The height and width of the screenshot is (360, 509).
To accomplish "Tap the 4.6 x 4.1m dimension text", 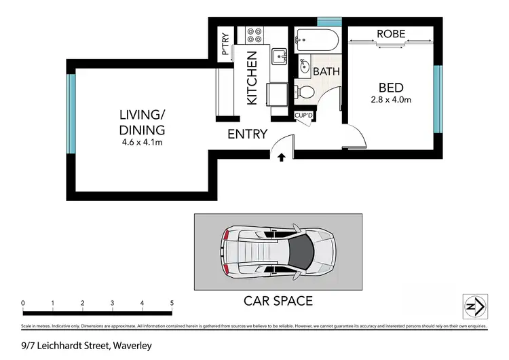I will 141,143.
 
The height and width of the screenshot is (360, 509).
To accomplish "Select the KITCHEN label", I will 251,78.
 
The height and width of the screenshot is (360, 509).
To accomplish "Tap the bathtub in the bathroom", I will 316,41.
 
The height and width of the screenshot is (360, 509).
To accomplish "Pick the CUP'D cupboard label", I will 303,115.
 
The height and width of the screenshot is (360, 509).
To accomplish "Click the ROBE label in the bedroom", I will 392,33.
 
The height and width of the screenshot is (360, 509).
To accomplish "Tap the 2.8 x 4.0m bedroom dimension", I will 391,101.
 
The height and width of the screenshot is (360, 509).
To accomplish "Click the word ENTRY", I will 248,134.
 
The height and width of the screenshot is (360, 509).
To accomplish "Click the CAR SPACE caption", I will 278,300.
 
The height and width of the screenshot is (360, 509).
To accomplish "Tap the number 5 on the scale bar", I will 172,303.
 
